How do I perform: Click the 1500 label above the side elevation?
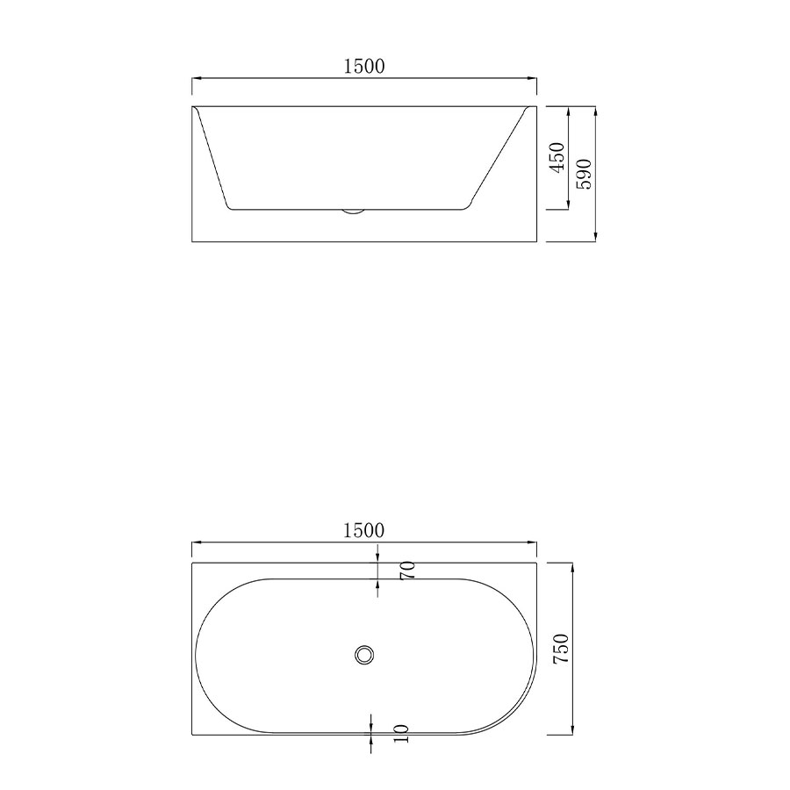(x=364, y=67)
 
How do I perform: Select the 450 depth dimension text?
(x=557, y=159)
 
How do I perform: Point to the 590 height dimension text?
(x=585, y=174)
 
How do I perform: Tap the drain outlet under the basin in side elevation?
(x=354, y=211)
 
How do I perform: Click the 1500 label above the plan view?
(x=364, y=530)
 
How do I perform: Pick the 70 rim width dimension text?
(x=406, y=571)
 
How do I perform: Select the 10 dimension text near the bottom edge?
(x=402, y=735)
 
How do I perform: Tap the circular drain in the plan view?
(x=364, y=654)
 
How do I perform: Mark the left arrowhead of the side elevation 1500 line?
(x=197, y=79)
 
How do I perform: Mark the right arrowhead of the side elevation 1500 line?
(x=533, y=79)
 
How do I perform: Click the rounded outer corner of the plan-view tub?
(x=518, y=715)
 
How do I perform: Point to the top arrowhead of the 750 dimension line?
(x=572, y=568)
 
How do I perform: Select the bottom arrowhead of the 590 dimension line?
(x=595, y=237)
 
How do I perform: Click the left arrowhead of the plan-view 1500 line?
(x=197, y=542)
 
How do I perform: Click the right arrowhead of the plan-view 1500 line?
(x=533, y=542)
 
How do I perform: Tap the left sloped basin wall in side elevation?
(x=212, y=158)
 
